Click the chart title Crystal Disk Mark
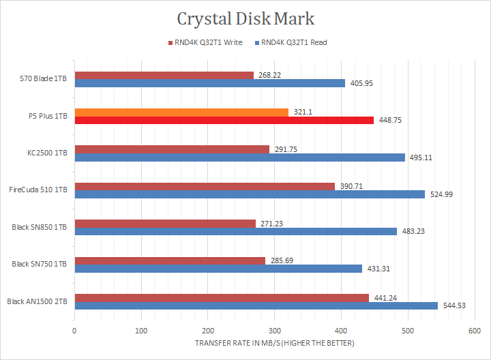pyautogui.click(x=245, y=18)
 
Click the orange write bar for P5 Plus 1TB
pyautogui.click(x=147, y=112)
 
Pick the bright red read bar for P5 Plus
pyautogui.click(x=224, y=121)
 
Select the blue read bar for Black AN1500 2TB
pyautogui.click(x=256, y=305)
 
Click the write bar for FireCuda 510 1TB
pyautogui.click(x=205, y=186)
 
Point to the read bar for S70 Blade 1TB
pyautogui.click(x=209, y=83)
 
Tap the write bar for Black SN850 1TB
pyautogui.click(x=164, y=223)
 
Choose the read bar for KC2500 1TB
pyautogui.click(x=239, y=157)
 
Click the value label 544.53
pyautogui.click(x=454, y=305)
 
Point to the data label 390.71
pyautogui.click(x=350, y=186)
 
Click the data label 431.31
pyautogui.click(x=377, y=269)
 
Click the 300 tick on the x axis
pyautogui.click(x=274, y=331)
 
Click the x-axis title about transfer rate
pyautogui.click(x=274, y=343)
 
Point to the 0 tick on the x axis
pyautogui.click(x=74, y=331)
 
